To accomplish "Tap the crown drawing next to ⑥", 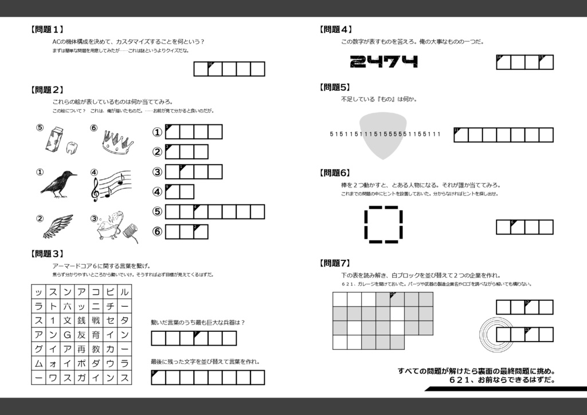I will point(118,141).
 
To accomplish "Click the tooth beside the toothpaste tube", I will point(72,147).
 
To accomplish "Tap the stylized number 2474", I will point(383,61).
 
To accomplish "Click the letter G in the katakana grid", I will point(67,334).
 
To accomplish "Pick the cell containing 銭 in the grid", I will point(81,320).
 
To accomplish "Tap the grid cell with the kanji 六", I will point(67,306).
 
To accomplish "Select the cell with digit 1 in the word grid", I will point(53,320).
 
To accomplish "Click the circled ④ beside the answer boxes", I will point(157,191).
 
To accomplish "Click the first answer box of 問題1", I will point(201,69).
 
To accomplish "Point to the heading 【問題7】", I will point(335,263).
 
